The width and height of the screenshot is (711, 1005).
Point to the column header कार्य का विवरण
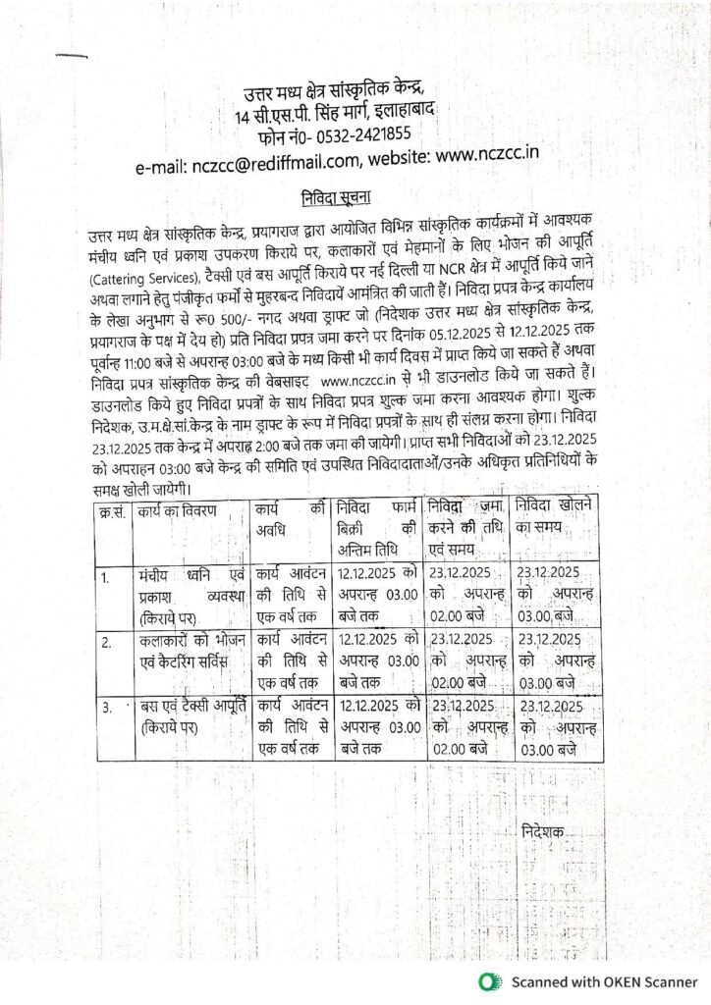coord(178,511)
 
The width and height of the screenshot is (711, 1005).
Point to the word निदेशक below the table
coord(544,832)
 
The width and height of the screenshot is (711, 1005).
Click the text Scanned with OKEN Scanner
coord(604,981)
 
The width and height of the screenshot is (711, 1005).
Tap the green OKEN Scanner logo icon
coord(489,981)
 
